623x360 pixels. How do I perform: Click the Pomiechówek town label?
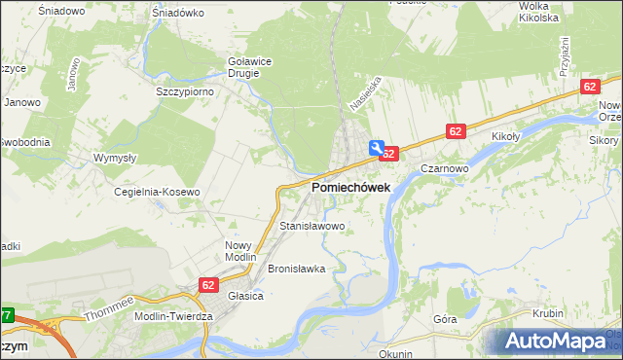point(350,187)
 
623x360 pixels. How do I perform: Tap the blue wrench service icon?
point(376,147)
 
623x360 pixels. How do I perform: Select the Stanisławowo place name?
point(312,227)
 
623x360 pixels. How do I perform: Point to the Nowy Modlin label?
point(238,252)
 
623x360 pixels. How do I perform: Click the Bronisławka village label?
point(296,268)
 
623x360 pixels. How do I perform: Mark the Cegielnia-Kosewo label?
point(158,192)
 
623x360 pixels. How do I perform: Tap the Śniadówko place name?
point(178,13)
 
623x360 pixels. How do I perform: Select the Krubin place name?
point(549,313)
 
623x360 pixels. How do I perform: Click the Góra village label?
point(445,318)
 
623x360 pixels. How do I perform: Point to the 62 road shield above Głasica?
point(208,284)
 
